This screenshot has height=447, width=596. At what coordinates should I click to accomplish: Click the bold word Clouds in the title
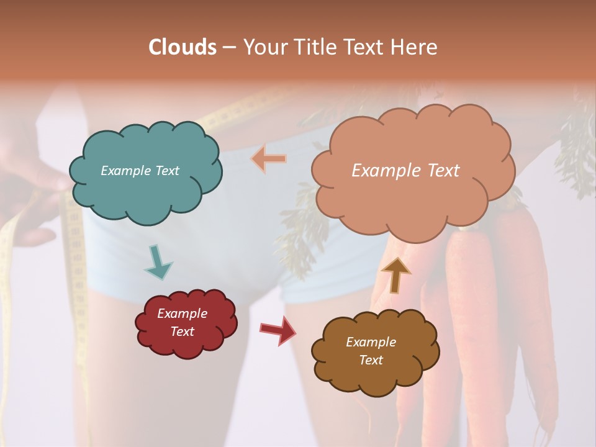(x=183, y=47)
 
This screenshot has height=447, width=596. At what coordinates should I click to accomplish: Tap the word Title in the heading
(x=315, y=47)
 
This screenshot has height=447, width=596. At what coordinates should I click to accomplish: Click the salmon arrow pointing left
(x=269, y=159)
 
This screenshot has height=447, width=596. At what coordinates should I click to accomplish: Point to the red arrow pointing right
(x=278, y=330)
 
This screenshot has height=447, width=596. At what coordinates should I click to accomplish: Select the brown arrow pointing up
(x=395, y=274)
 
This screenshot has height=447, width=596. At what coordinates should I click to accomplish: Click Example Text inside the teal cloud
(x=140, y=171)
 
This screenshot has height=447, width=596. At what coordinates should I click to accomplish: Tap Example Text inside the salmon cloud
(x=405, y=171)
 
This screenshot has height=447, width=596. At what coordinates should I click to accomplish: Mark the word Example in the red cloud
(x=182, y=314)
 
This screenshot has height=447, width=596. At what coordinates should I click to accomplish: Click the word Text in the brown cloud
(x=371, y=360)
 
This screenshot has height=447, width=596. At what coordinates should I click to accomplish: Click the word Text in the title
(x=364, y=47)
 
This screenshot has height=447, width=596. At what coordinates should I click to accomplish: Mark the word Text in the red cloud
(x=182, y=332)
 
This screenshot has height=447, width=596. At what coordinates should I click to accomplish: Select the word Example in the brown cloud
(x=371, y=342)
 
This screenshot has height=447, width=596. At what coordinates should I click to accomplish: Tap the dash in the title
(x=228, y=47)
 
